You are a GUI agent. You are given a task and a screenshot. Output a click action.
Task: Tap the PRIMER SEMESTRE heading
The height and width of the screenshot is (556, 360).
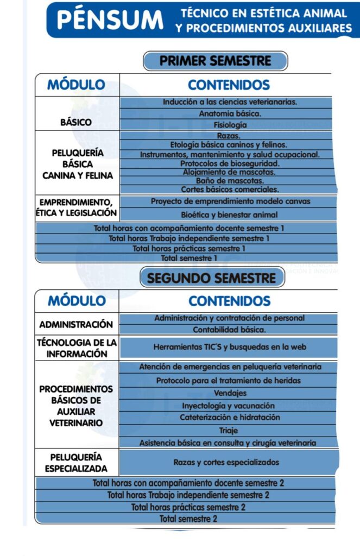215,61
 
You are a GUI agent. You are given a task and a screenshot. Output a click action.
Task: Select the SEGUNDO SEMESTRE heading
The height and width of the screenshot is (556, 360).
212,278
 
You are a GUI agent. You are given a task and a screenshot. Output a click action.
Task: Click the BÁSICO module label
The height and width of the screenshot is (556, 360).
76,122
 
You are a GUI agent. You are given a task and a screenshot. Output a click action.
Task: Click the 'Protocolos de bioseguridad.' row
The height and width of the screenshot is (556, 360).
230,163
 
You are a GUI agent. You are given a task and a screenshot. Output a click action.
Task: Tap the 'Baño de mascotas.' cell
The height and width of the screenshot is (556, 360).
230,180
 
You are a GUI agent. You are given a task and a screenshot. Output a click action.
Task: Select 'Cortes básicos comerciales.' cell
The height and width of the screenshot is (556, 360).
230,189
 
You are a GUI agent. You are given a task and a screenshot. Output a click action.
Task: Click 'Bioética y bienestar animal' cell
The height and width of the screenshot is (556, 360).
229,214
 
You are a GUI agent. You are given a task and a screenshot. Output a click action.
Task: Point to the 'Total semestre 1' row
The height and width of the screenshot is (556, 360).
189,258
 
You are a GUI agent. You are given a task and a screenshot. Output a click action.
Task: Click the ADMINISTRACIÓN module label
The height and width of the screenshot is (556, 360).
76,325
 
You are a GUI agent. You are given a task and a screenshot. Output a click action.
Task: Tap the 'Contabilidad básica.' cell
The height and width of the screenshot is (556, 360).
229,330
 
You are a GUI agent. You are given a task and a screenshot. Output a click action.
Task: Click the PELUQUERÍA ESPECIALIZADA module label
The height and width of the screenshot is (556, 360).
76,463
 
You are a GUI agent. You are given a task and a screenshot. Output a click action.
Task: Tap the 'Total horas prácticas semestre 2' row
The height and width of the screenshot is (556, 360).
188,507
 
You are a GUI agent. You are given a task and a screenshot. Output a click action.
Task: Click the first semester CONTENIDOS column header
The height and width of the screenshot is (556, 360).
229,85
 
